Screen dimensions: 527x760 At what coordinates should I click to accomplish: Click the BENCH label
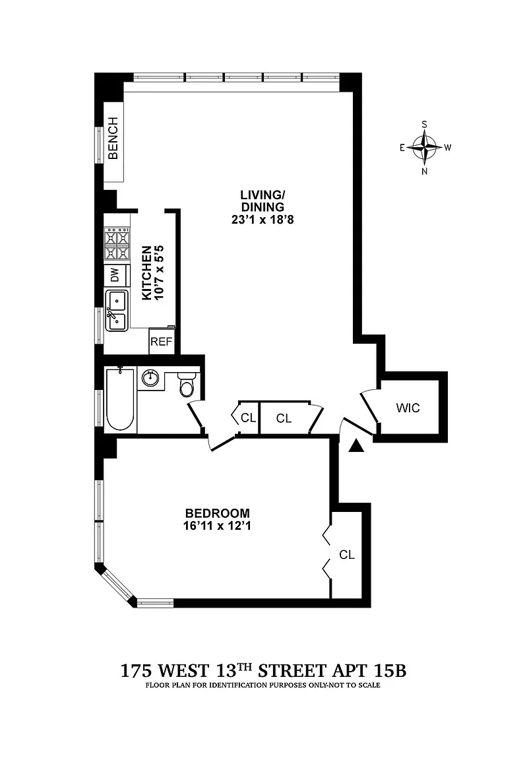[x=113, y=139]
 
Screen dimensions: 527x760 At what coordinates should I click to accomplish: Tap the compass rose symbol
[x=424, y=147]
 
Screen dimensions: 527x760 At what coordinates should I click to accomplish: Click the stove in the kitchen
[x=116, y=244]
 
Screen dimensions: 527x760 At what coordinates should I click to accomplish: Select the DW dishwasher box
[x=115, y=275]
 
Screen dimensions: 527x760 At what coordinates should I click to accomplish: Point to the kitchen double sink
[x=116, y=311]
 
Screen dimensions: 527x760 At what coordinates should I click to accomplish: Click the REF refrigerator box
[x=162, y=341]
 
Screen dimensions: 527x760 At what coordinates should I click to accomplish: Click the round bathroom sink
[x=151, y=378]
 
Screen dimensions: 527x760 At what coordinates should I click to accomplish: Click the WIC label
[x=408, y=407]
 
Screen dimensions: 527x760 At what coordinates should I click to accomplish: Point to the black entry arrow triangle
[x=356, y=446]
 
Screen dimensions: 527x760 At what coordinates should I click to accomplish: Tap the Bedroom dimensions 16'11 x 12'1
[x=217, y=526]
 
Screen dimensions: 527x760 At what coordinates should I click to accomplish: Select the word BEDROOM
[x=217, y=513]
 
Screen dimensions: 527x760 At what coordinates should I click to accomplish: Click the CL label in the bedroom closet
[x=347, y=555]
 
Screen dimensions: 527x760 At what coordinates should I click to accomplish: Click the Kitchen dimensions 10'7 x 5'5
[x=158, y=274]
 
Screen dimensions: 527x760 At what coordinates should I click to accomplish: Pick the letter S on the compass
[x=425, y=124]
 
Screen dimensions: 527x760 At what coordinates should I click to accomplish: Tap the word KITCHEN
[x=146, y=274]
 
